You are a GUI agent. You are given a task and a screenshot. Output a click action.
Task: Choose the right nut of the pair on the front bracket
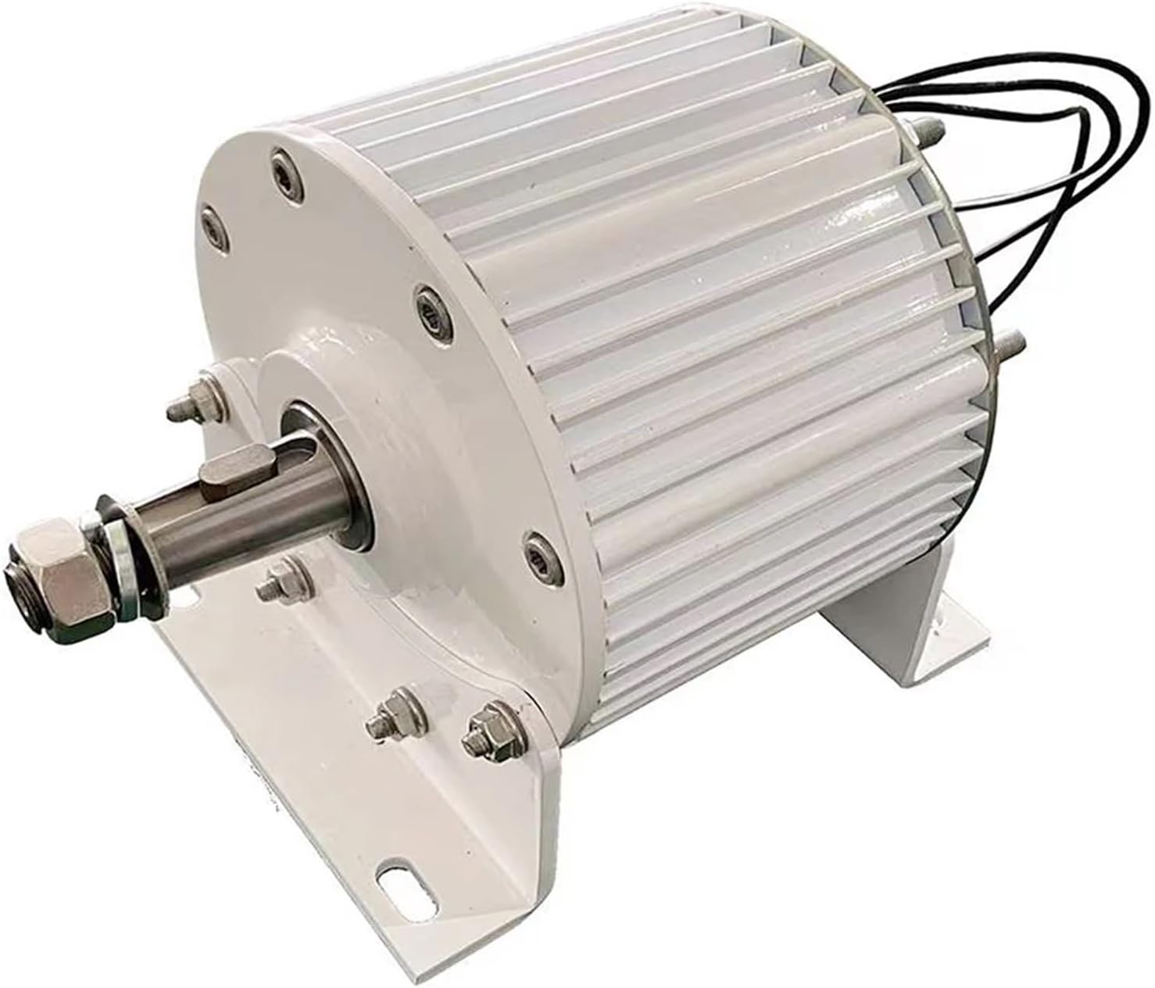click(x=476, y=736)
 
